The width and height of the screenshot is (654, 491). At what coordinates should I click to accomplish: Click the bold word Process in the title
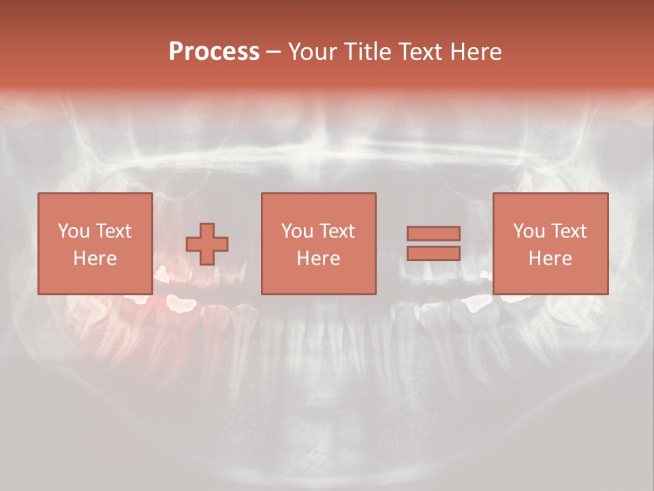coord(214,52)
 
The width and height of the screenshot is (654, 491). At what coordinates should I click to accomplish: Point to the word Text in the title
coord(421,52)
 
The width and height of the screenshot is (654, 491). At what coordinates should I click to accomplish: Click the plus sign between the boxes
coord(207,244)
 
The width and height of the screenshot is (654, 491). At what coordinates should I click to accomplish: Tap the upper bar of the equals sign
coord(433,233)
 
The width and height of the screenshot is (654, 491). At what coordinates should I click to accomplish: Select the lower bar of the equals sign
coord(433,253)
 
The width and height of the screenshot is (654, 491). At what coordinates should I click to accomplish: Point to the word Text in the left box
coord(114,231)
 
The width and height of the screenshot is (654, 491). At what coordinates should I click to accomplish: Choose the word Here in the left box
coord(95,258)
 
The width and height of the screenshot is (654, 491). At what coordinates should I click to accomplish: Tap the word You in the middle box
coord(298,231)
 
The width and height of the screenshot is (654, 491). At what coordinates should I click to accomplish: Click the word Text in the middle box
coord(337,231)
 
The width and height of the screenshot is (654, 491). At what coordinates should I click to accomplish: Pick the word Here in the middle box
coord(319,258)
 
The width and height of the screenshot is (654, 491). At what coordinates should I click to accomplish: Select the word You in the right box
coord(529,231)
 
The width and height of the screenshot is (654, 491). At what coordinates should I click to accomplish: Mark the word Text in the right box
coord(569,231)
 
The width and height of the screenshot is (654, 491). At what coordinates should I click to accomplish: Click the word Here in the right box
coord(550,258)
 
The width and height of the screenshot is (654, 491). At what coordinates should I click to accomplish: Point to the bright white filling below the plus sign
coord(181,303)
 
